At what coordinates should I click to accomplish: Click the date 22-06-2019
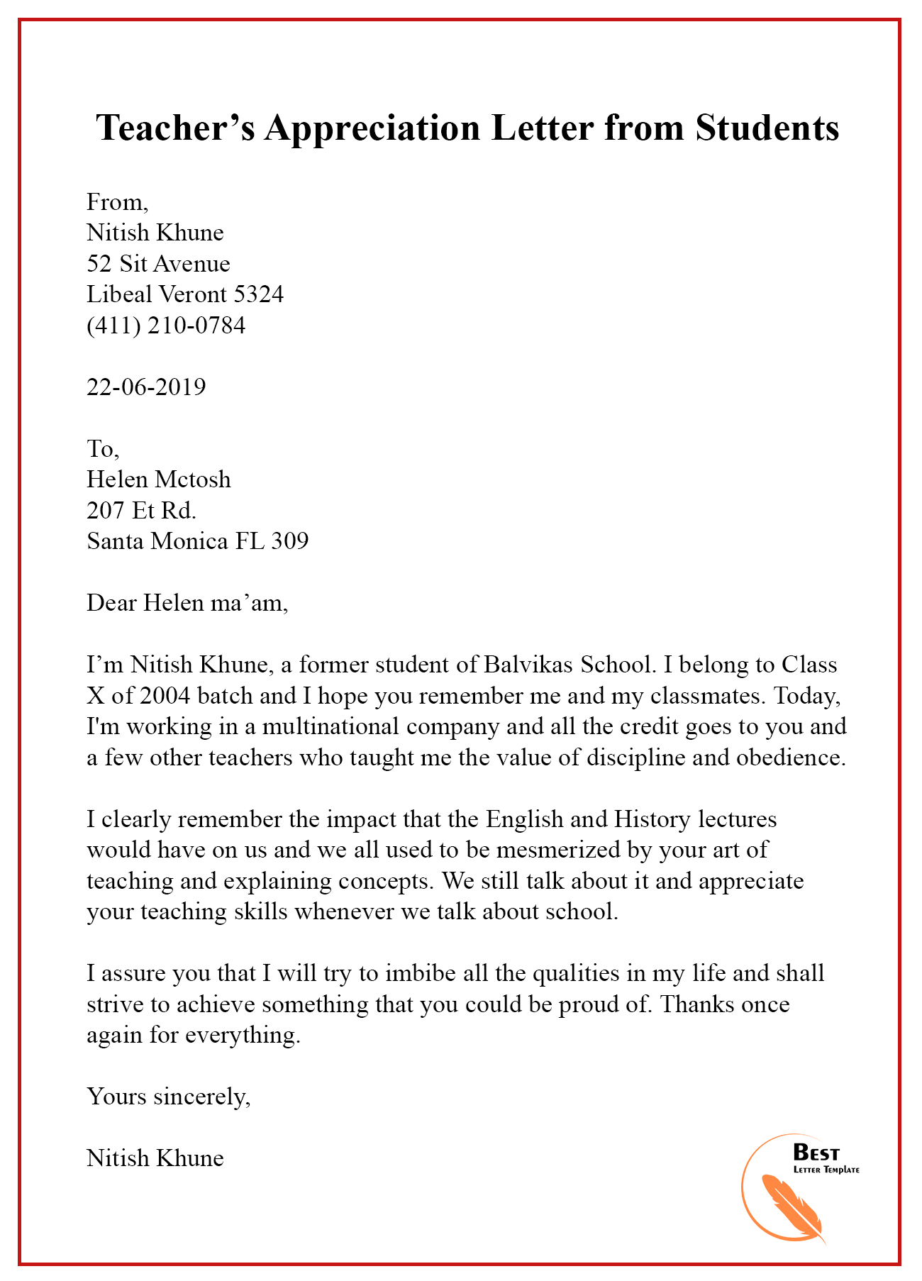click(146, 387)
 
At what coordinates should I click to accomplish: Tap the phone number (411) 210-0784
click(166, 326)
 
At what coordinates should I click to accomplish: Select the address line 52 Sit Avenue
click(158, 264)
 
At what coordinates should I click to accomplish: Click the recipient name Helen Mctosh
click(159, 479)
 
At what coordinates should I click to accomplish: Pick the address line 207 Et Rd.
click(141, 510)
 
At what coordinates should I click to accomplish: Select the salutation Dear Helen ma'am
click(187, 603)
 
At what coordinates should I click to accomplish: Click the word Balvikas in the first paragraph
click(529, 665)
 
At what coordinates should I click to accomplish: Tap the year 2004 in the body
click(165, 695)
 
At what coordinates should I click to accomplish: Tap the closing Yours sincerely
click(169, 1097)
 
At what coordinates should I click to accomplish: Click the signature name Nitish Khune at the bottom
click(155, 1158)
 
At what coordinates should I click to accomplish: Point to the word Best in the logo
click(816, 1153)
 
